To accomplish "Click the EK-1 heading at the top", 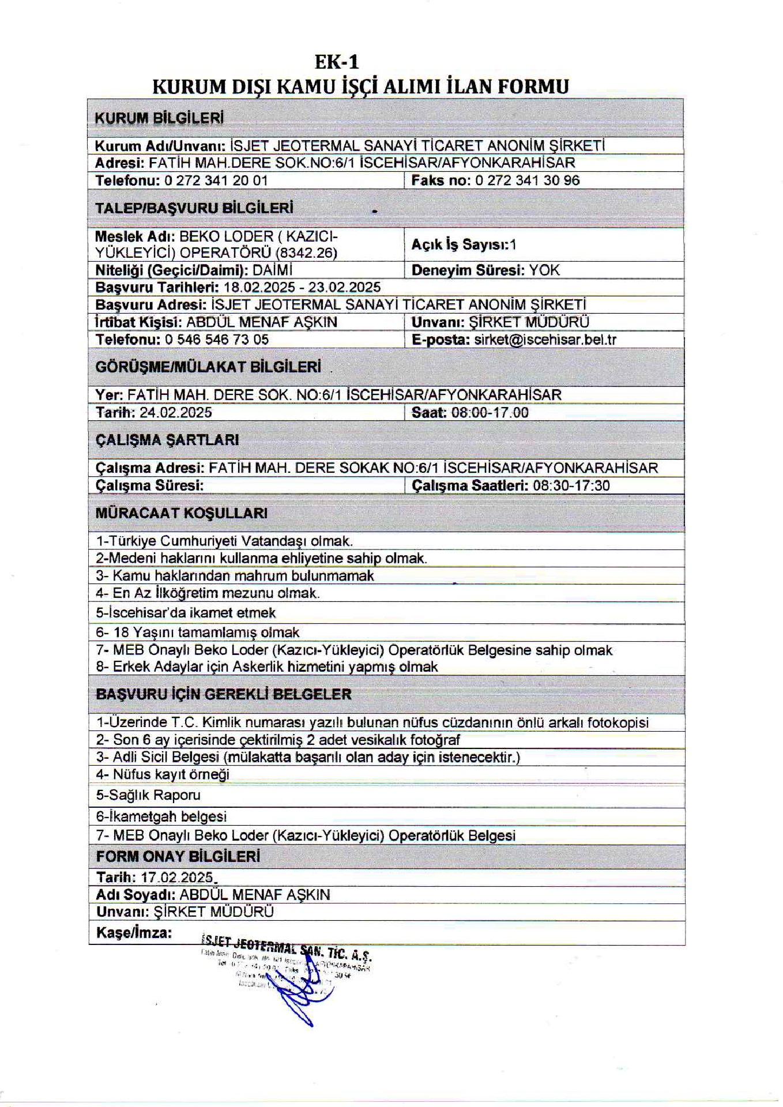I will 336,62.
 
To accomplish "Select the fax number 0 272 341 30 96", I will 527,180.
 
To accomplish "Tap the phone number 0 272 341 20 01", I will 216,180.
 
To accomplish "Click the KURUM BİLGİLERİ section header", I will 159,118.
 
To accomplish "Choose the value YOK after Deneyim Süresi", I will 544,270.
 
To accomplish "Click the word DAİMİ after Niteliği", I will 273,270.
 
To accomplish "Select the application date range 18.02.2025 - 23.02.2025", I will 302,287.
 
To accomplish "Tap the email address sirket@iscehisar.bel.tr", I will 545,340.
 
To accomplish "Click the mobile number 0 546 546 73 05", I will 217,340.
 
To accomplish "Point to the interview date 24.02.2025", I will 176,412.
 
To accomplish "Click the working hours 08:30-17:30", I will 571,485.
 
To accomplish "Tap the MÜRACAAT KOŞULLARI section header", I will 182,513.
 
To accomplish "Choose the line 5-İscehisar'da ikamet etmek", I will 186,612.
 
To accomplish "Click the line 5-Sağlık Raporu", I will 148,795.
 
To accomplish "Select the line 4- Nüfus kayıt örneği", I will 163,774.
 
